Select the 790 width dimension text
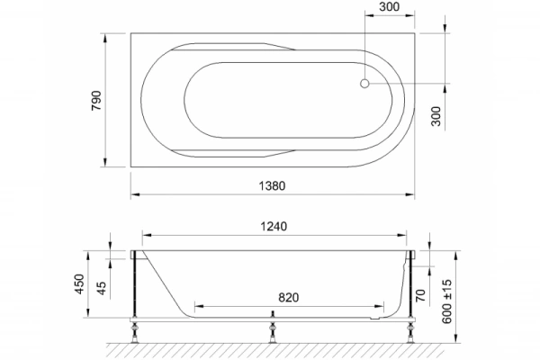point(95,100)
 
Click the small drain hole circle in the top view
point(364,84)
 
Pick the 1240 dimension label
point(274,229)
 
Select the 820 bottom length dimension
point(289,297)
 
